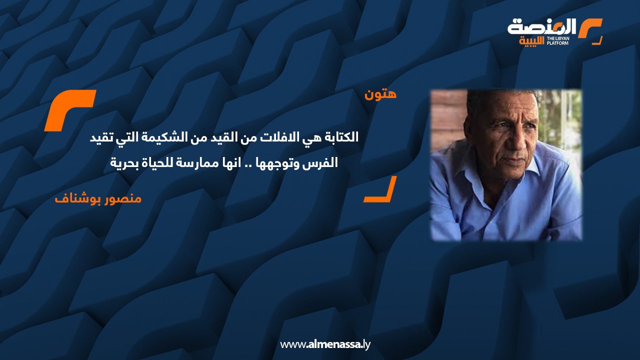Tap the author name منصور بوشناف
(x=98, y=198)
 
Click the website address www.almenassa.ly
(x=325, y=344)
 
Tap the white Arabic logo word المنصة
(x=542, y=26)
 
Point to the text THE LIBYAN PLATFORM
(x=558, y=40)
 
